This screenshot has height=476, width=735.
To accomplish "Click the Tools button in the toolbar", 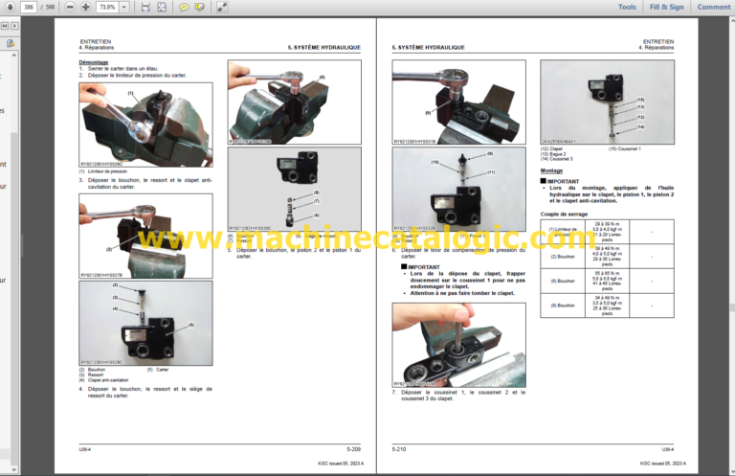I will pos(627,7).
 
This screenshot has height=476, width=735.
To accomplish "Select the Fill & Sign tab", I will pos(667,7).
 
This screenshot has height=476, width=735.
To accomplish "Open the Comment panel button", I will pos(714,7).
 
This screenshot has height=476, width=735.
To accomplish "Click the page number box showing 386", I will pos(27,7).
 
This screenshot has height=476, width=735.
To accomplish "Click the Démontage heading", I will pos(93,62).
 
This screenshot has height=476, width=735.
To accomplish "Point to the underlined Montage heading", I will pos(551,170).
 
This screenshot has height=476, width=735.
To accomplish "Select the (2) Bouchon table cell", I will pos(562,257).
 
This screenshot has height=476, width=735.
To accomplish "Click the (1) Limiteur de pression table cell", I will pos(562,232).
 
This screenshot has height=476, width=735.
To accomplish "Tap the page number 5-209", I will pos(353,448).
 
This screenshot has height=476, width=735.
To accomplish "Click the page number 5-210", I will pos(401,448).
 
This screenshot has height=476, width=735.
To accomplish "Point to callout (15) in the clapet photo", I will pos(640,100).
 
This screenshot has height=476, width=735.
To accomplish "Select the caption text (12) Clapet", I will pos(552,148).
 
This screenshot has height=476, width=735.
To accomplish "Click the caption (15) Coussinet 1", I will pos(626,148).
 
